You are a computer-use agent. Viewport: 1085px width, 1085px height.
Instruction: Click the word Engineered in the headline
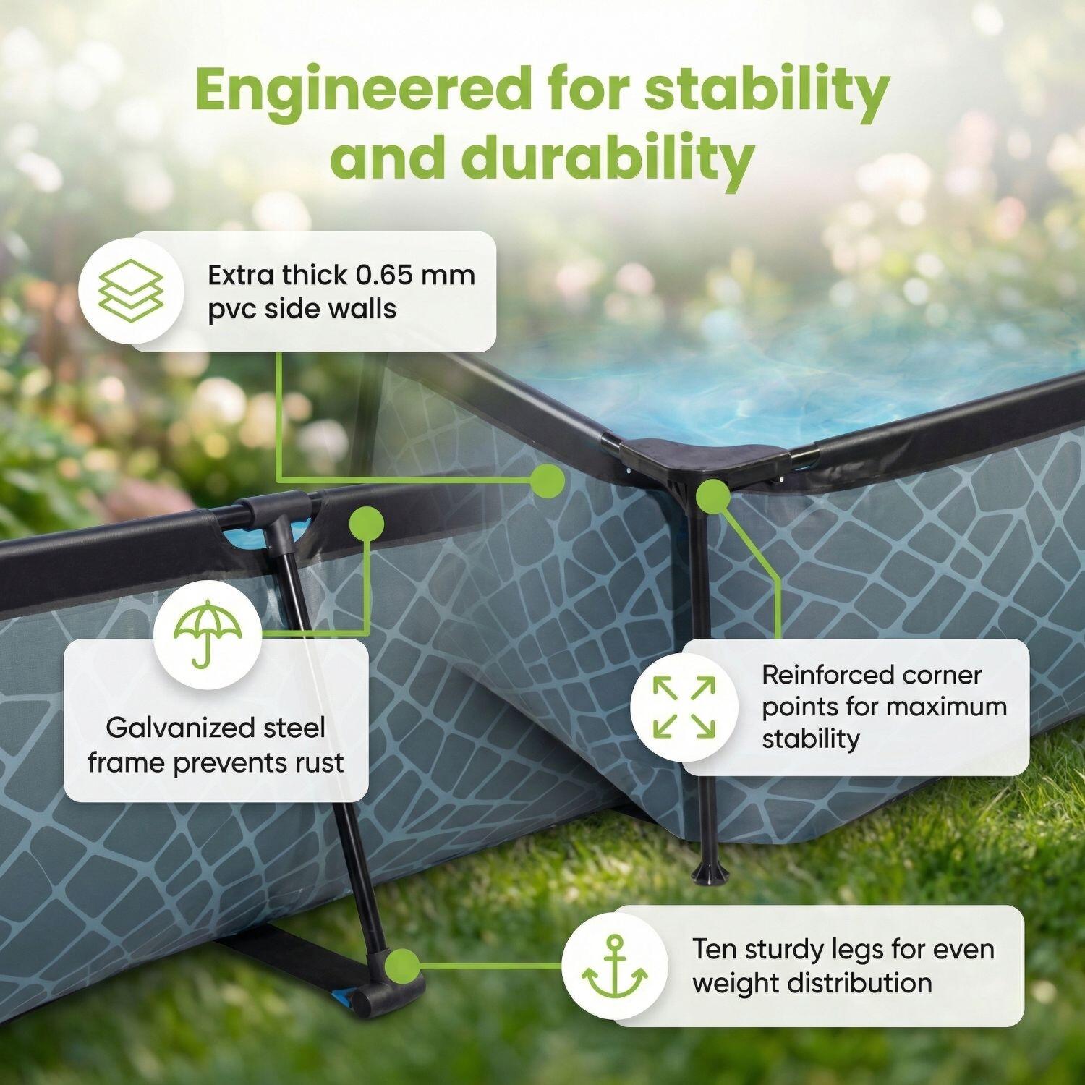click(x=362, y=90)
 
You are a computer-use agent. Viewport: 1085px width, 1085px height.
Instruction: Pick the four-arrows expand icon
click(x=684, y=707)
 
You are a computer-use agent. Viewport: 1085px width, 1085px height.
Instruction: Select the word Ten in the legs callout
click(x=715, y=949)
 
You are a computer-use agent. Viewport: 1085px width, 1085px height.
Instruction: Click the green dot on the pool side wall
click(x=548, y=480)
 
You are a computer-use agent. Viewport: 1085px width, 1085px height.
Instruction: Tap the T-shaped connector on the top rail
click(x=278, y=517)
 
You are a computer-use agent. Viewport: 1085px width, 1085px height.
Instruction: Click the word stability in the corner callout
click(x=811, y=739)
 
